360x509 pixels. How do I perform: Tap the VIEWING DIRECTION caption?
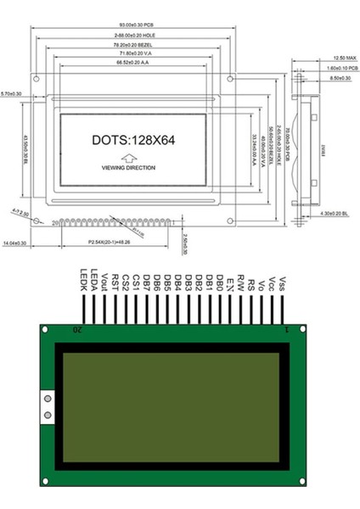pyautogui.click(x=128, y=169)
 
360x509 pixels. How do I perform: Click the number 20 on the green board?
pyautogui.click(x=78, y=328)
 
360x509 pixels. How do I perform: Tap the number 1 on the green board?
pyautogui.click(x=287, y=328)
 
